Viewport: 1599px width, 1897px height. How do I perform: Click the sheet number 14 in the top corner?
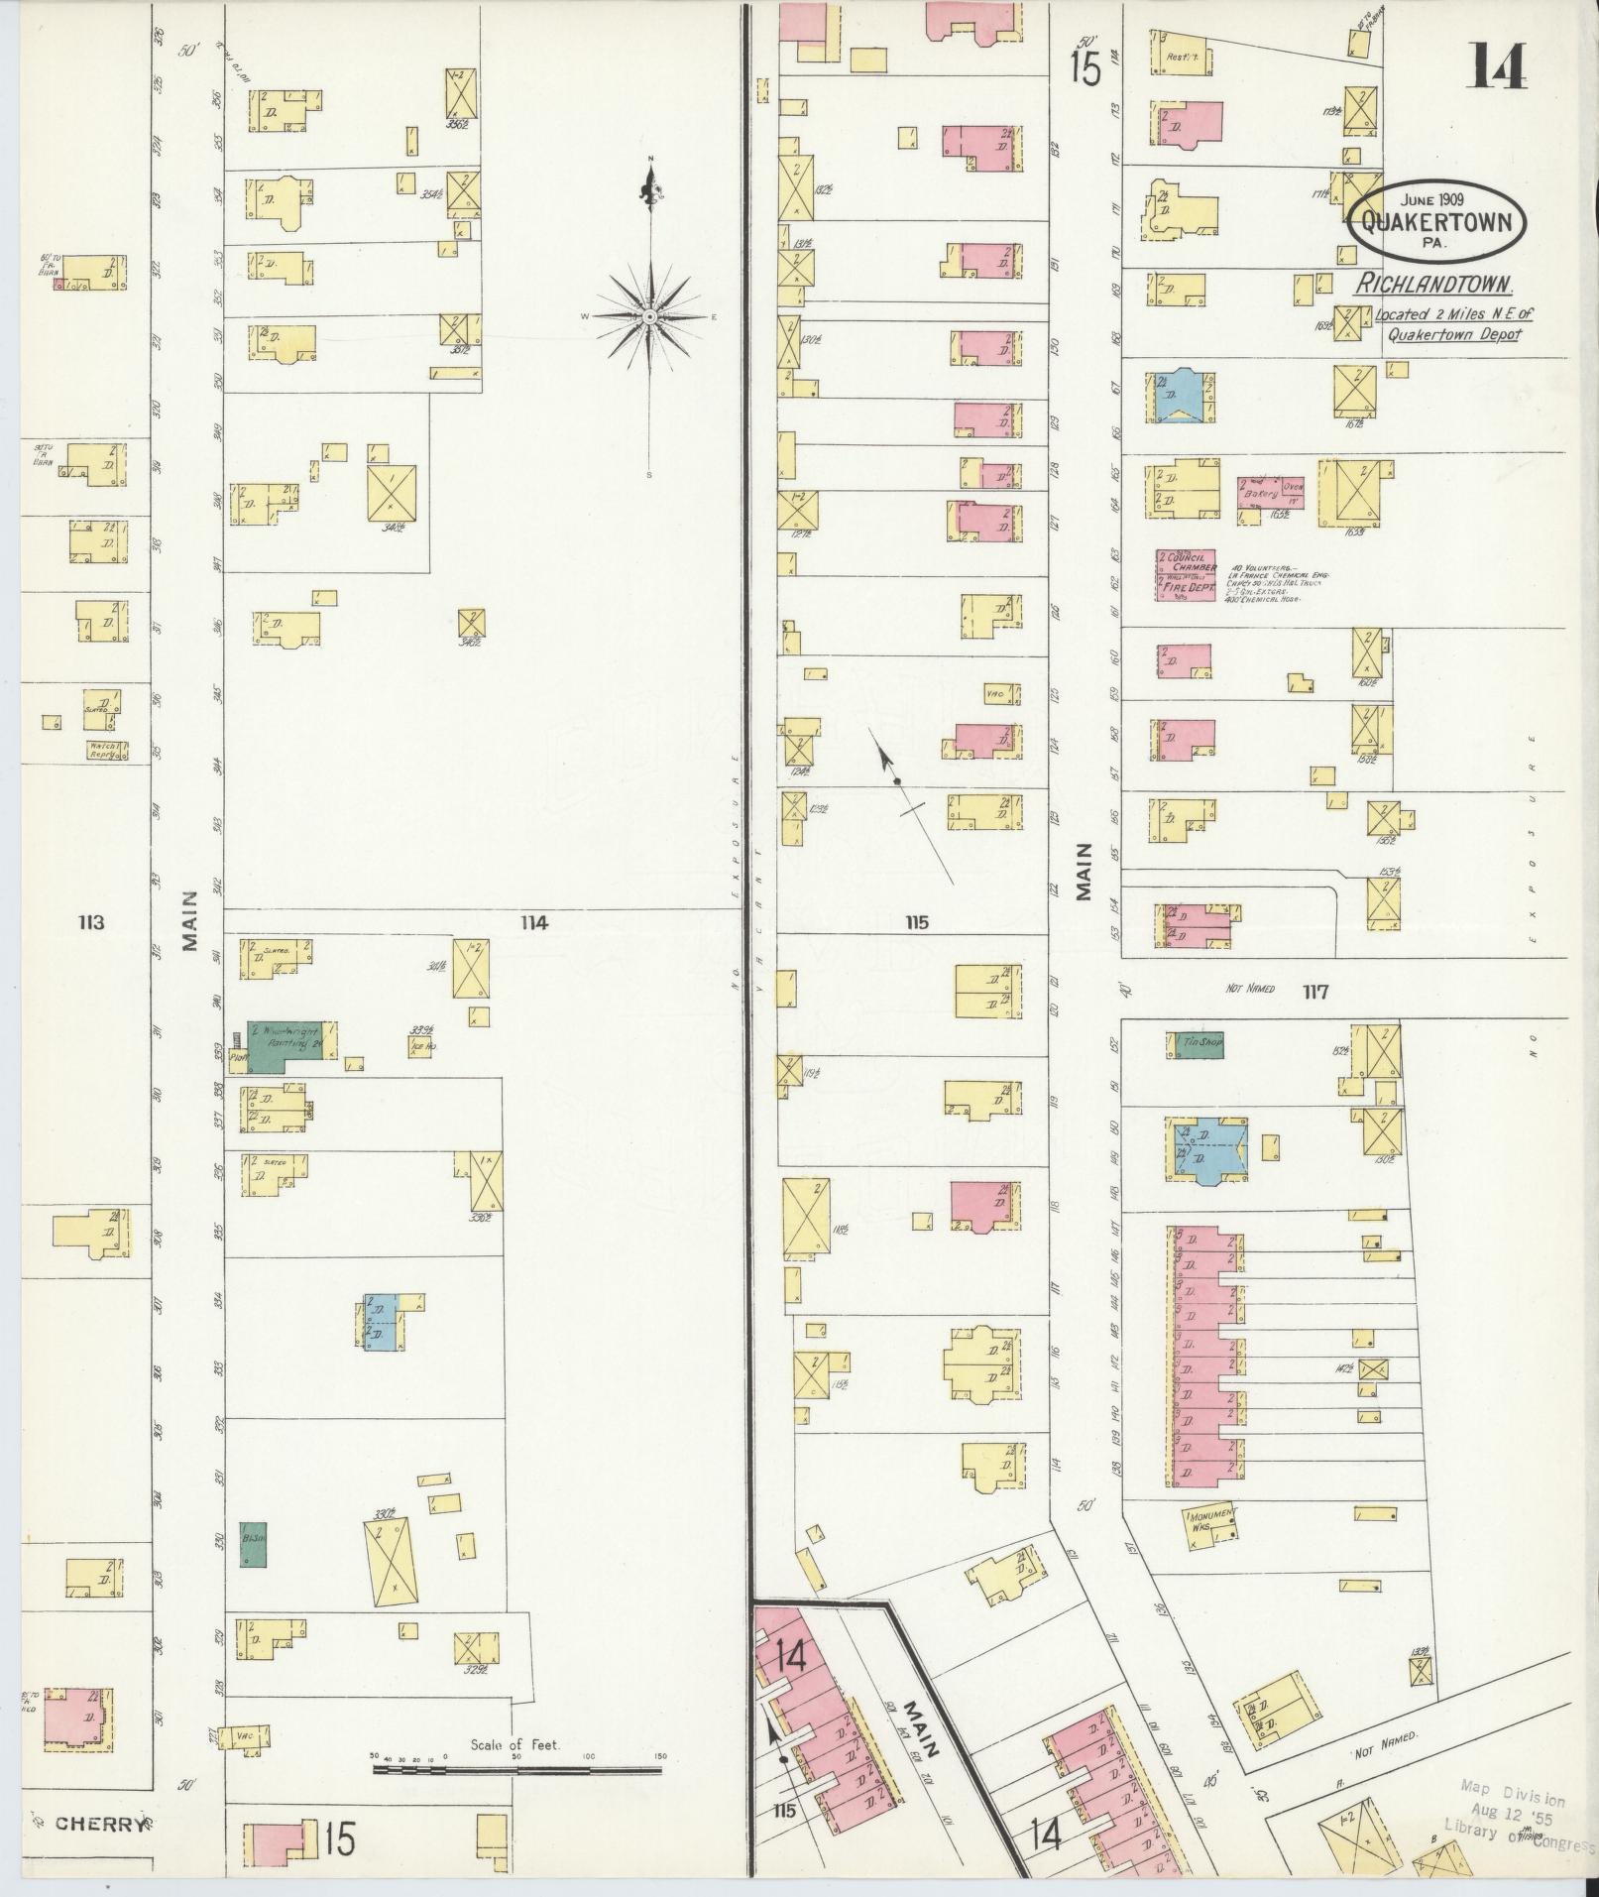(1497, 67)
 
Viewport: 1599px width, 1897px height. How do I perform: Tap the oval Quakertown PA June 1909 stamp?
(1435, 219)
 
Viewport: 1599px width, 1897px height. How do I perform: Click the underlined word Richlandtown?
(1433, 286)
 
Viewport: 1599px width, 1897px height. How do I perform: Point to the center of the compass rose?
(648, 316)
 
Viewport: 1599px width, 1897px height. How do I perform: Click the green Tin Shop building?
(1199, 1044)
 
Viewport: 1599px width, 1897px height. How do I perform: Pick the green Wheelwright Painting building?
(287, 1046)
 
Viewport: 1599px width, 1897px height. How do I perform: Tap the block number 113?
(91, 923)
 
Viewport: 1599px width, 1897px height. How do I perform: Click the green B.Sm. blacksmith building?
(253, 1543)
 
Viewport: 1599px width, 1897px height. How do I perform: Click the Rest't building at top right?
(1176, 54)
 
